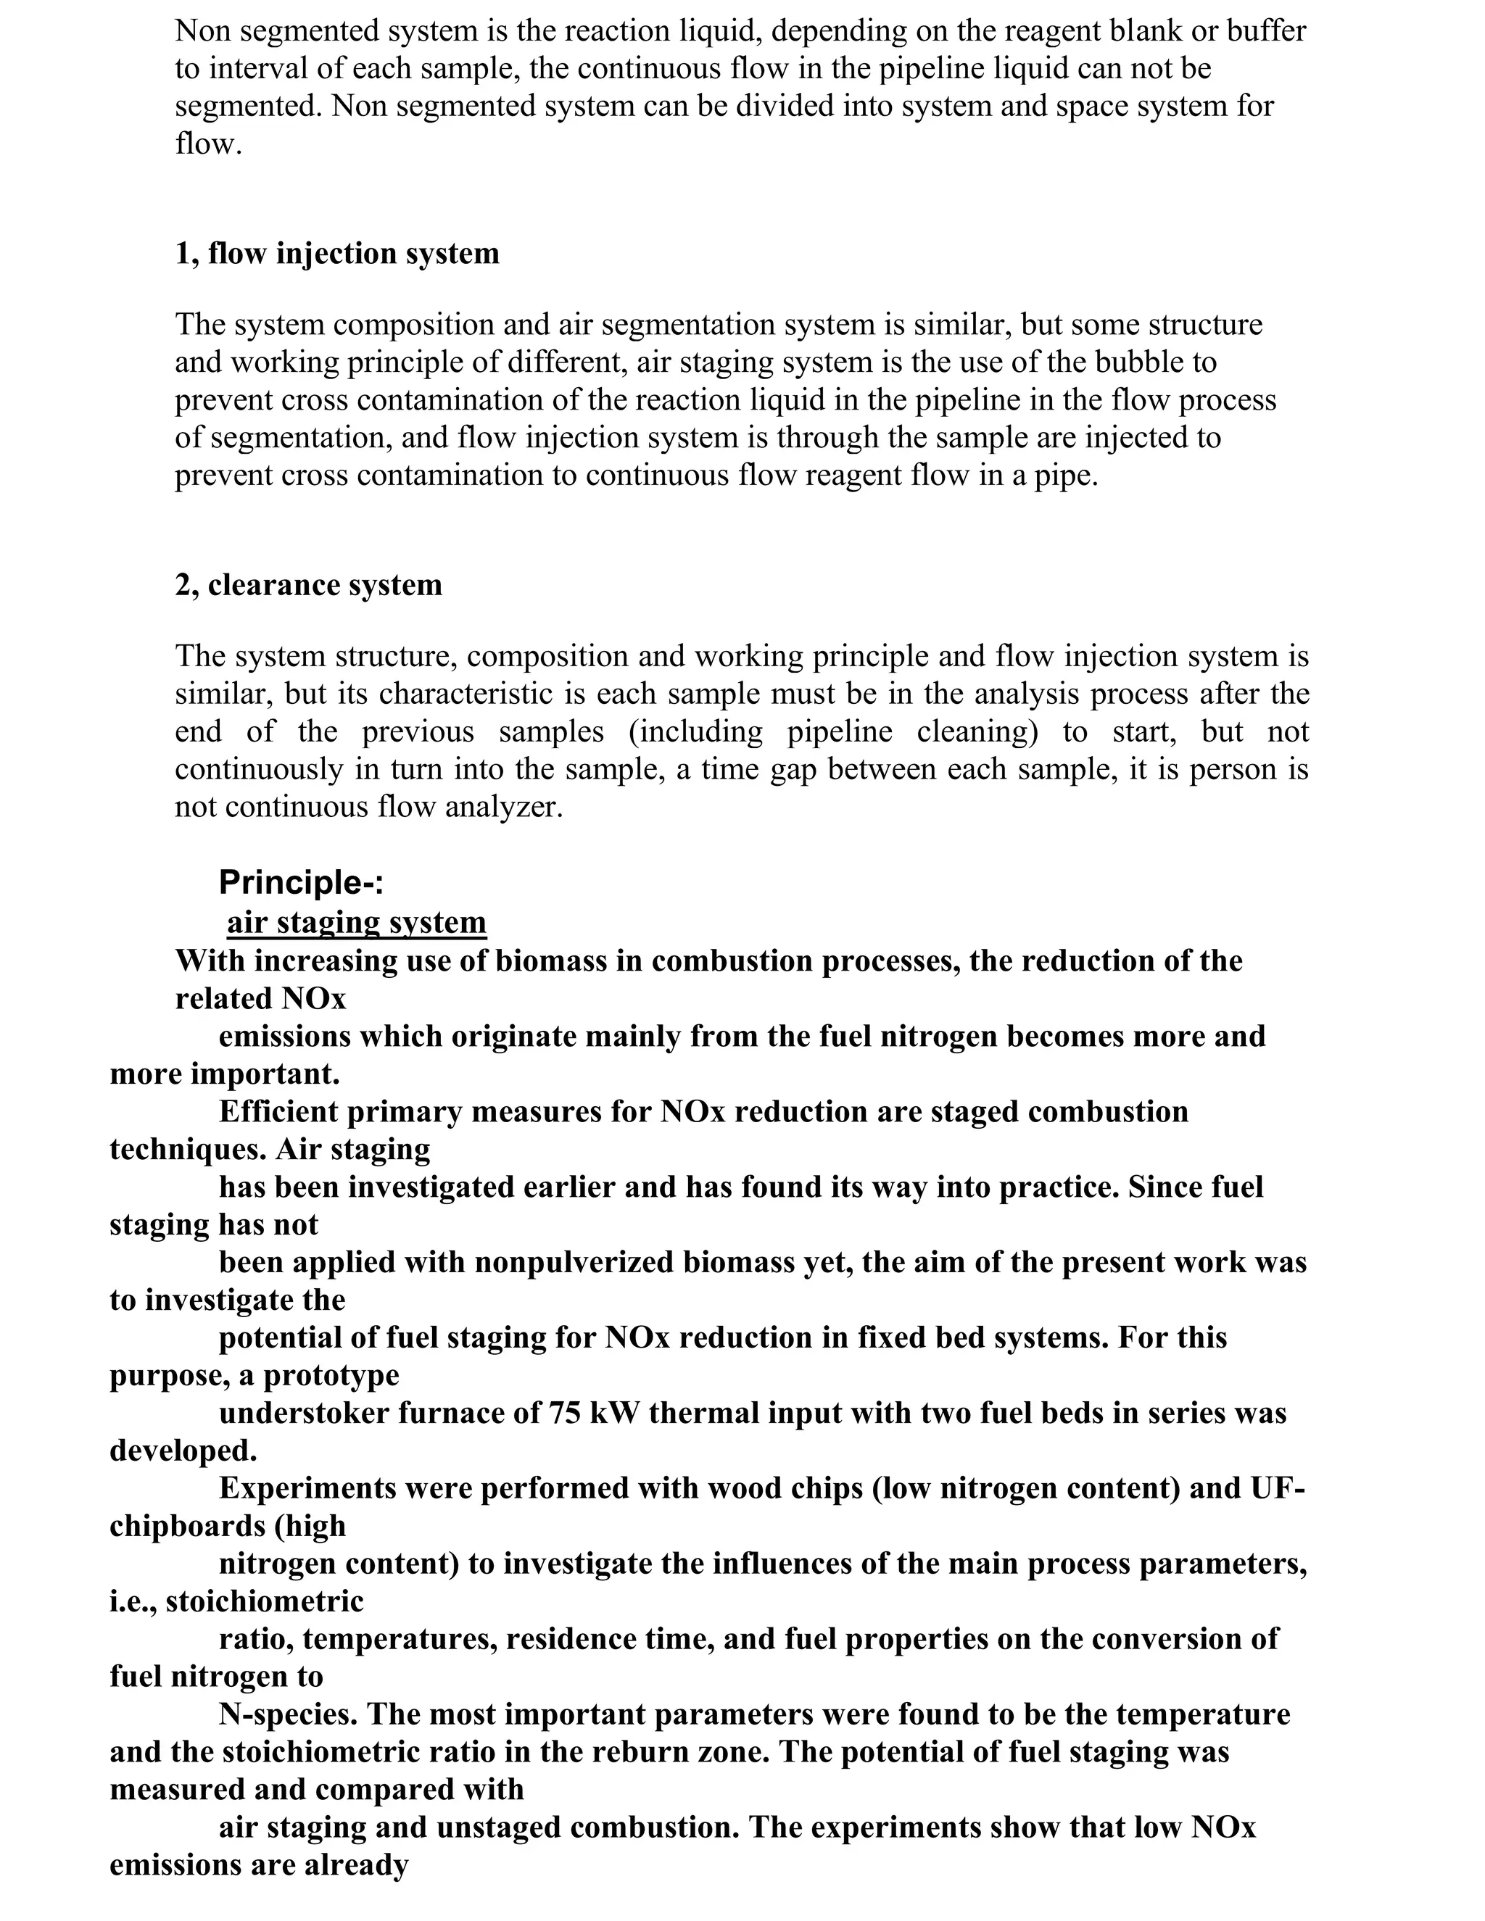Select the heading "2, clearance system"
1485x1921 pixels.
click(x=308, y=585)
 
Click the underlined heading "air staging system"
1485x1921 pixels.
click(x=356, y=922)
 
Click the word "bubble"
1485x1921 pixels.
click(x=1168, y=362)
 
